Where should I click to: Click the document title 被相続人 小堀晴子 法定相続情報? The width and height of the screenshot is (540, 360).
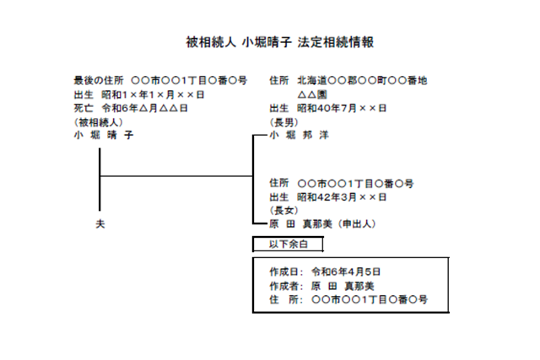click(x=279, y=42)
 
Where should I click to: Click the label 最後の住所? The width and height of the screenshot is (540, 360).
click(x=99, y=81)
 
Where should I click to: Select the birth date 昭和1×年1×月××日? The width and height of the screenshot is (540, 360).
click(x=153, y=94)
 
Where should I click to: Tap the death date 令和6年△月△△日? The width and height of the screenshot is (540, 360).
click(x=144, y=109)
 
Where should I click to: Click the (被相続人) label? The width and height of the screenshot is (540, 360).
click(x=99, y=122)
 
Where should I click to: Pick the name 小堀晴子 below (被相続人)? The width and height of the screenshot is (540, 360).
click(x=103, y=135)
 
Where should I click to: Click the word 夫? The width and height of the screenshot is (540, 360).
click(x=100, y=224)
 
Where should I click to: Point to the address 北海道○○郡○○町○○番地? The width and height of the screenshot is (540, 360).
click(x=362, y=81)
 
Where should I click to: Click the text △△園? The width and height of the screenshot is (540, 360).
click(x=312, y=94)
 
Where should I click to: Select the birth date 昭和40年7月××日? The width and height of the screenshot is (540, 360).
click(x=342, y=109)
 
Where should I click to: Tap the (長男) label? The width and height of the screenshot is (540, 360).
click(x=283, y=122)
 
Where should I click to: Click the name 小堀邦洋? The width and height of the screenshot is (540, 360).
click(x=299, y=135)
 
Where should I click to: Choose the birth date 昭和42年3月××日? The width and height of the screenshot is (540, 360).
click(x=342, y=197)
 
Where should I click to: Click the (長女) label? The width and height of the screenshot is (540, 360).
click(x=283, y=210)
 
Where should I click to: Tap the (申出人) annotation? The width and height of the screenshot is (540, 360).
click(x=356, y=224)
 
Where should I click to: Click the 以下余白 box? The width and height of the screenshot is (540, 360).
click(x=288, y=244)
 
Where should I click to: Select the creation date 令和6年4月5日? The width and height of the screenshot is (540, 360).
click(x=346, y=271)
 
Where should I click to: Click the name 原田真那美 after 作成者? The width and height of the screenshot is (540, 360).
click(x=343, y=286)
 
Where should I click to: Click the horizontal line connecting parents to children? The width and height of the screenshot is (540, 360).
click(x=176, y=176)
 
